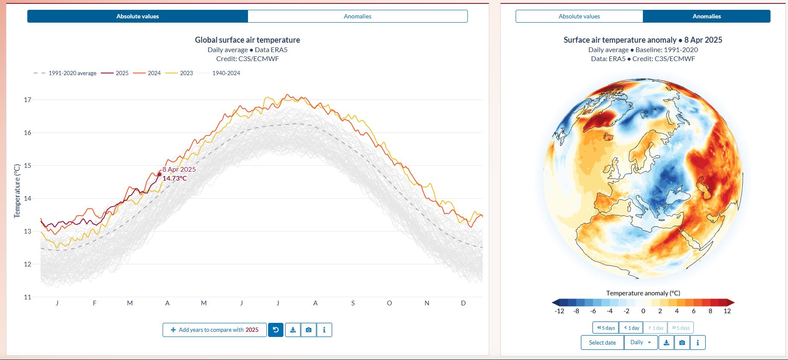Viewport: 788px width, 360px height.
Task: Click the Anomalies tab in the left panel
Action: click(x=357, y=16)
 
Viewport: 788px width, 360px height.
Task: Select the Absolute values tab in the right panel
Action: click(x=579, y=16)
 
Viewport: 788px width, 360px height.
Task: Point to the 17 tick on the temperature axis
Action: click(x=28, y=100)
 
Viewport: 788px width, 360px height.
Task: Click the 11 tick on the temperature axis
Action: click(x=28, y=297)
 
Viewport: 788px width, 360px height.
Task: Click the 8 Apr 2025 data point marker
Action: click(x=160, y=174)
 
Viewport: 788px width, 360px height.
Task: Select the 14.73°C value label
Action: click(x=175, y=179)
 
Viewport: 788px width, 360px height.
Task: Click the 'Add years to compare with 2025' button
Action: click(x=214, y=330)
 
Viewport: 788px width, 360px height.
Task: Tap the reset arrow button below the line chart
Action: click(x=276, y=330)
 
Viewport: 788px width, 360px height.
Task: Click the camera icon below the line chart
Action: click(x=309, y=330)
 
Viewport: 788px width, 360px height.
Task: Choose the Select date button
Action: click(x=602, y=342)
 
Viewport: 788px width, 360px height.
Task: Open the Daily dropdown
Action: click(x=641, y=342)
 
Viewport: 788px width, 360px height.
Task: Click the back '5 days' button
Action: click(x=606, y=328)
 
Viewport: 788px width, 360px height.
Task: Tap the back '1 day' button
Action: click(x=632, y=328)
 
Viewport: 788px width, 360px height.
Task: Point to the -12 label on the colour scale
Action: click(x=559, y=311)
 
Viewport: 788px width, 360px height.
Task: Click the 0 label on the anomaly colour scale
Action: click(x=643, y=311)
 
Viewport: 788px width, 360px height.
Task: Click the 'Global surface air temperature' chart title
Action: click(x=247, y=40)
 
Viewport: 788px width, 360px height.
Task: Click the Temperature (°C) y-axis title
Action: click(x=17, y=191)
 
